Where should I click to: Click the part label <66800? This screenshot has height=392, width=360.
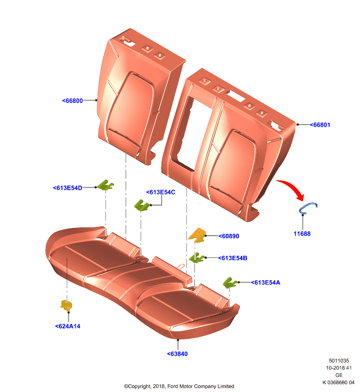[72, 100]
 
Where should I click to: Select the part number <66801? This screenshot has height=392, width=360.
[320, 125]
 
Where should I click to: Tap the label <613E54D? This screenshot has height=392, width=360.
[68, 188]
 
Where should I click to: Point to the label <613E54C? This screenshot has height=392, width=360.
[160, 192]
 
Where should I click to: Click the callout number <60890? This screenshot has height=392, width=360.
[229, 236]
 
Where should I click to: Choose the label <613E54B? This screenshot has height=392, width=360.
[232, 258]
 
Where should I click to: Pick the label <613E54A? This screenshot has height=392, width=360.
[265, 283]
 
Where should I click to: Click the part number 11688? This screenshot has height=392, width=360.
[302, 234]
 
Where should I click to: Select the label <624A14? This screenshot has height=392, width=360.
[68, 326]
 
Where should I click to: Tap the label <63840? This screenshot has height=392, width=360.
[177, 354]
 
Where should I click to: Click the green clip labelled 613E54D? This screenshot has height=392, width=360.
[105, 185]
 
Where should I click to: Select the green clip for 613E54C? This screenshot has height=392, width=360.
[142, 205]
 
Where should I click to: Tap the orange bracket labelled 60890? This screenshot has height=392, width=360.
[198, 235]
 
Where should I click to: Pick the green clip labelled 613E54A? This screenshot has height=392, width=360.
[230, 283]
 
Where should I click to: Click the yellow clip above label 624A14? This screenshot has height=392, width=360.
[66, 305]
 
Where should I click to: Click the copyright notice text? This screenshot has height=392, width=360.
[179, 386]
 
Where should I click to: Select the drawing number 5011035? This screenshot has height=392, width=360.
[339, 361]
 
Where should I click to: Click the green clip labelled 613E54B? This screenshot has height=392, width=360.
[197, 258]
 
